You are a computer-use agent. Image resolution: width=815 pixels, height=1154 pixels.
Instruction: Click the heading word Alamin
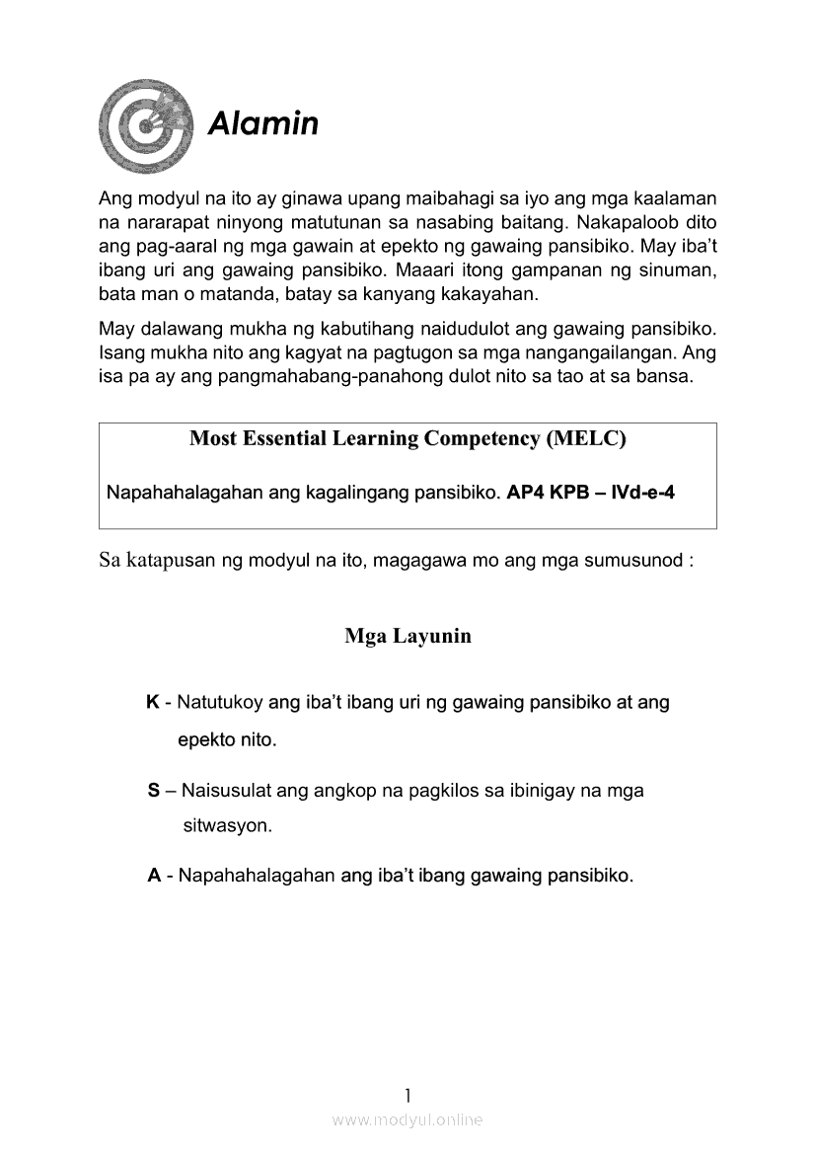click(x=262, y=124)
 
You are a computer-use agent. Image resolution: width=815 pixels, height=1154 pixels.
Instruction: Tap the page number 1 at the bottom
click(x=407, y=1094)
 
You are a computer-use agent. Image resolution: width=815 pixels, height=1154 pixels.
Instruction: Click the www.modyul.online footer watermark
click(x=407, y=1119)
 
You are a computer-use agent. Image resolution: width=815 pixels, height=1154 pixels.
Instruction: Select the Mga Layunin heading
click(x=407, y=636)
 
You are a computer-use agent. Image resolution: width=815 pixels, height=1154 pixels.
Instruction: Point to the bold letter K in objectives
click(x=153, y=703)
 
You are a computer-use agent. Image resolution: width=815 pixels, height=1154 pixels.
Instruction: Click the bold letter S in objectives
click(x=153, y=791)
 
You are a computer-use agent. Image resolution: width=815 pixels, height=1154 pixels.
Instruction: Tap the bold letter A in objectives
click(x=154, y=876)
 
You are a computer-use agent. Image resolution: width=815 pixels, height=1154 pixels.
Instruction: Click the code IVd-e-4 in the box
click(x=643, y=492)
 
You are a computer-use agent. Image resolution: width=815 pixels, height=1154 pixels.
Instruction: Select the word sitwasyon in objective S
click(x=227, y=825)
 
